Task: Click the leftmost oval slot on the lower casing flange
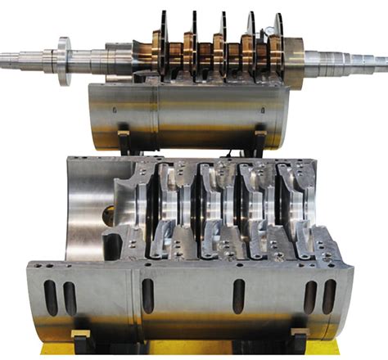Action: pos(51,297)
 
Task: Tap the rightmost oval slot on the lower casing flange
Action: pos(329,296)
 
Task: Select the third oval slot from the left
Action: pos(148,295)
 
